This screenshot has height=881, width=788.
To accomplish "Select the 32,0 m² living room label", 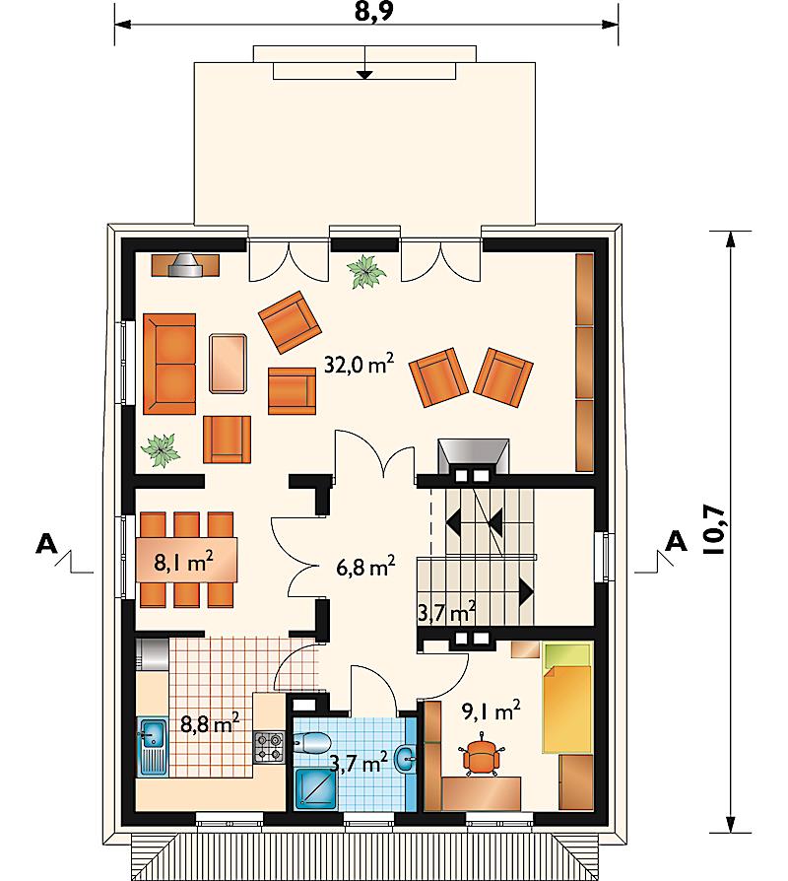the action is (359, 366).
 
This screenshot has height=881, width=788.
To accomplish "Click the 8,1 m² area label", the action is (183, 562).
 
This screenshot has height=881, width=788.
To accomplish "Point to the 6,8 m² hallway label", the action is (365, 567).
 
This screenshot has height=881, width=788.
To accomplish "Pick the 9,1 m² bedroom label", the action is (491, 711).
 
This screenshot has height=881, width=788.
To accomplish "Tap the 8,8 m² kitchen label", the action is (210, 724).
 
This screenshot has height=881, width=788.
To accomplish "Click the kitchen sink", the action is (153, 746).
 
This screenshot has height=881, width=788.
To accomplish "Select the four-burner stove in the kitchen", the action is (269, 747).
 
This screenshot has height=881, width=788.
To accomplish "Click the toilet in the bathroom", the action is (311, 743).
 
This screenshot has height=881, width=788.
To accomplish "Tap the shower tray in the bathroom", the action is (316, 789).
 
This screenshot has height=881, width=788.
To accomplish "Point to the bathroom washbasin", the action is (406, 760).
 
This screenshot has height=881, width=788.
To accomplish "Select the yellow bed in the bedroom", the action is (566, 698).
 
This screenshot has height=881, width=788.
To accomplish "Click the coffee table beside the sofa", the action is (229, 363).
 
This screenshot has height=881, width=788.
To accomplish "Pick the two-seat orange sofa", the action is (169, 364).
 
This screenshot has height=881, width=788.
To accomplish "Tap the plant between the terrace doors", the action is (366, 271).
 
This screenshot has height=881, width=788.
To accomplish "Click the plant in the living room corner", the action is (161, 450).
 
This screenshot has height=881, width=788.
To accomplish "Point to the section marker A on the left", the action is (46, 543).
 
